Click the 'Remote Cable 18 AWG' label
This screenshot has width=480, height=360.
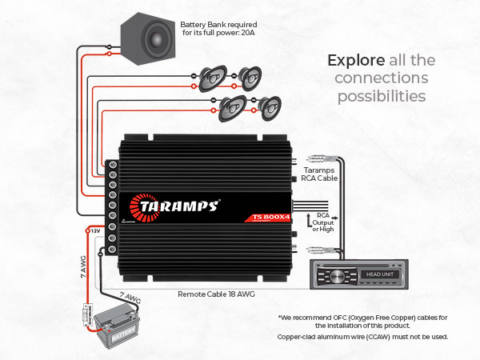point(217,294)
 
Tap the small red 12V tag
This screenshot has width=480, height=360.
point(94,230)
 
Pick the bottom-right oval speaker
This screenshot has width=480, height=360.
point(270,106)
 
